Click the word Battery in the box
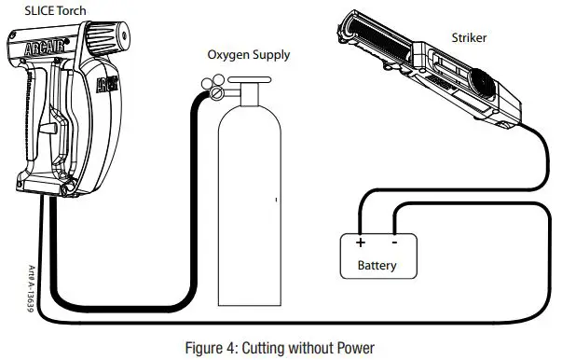tap(377, 266)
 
